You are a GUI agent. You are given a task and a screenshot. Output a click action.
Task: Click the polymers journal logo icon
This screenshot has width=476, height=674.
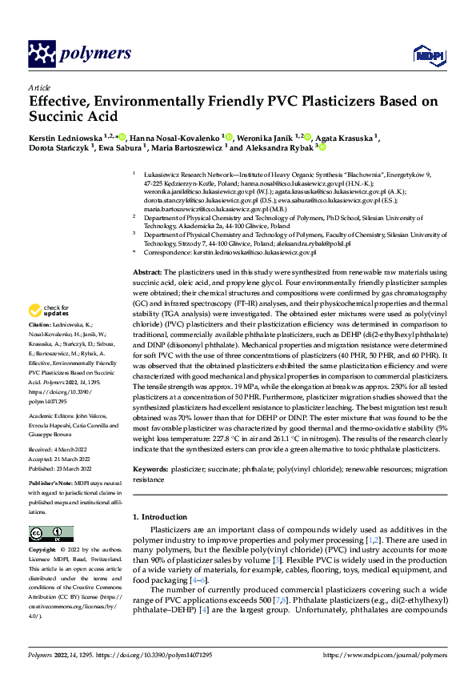tap(41, 53)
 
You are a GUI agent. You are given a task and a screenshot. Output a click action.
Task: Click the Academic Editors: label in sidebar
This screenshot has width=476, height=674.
tap(54, 417)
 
